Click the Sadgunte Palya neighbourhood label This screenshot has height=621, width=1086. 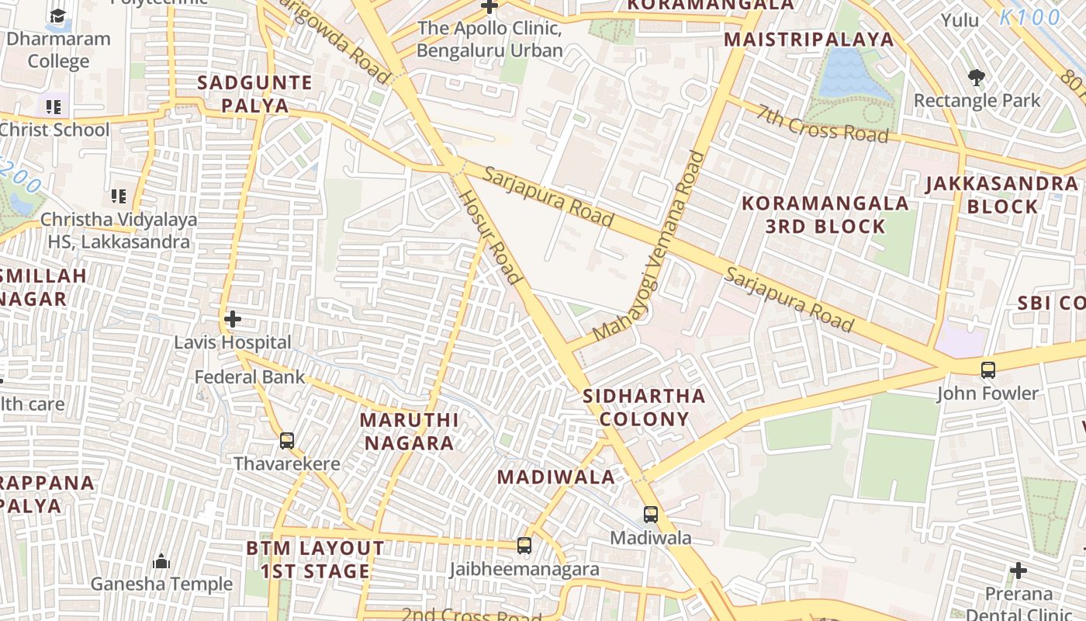(x=254, y=94)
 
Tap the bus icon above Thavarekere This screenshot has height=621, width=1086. (x=287, y=441)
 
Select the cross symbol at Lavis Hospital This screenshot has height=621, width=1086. (x=232, y=319)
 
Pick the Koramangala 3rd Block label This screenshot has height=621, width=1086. (x=825, y=215)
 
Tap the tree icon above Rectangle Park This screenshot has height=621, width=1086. (x=977, y=77)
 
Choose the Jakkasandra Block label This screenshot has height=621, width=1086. (x=1002, y=195)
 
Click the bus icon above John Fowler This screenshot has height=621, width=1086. (x=987, y=370)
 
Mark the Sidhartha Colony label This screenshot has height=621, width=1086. (x=644, y=408)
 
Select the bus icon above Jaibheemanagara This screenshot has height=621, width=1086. (x=524, y=546)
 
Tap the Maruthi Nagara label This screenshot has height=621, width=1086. (x=410, y=432)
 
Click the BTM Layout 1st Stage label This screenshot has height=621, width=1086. (x=315, y=560)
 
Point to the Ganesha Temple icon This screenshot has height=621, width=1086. (x=161, y=560)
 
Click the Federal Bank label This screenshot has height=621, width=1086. (x=250, y=377)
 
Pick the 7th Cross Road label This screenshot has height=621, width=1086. (x=823, y=125)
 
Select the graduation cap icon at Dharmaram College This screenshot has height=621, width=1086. (x=58, y=16)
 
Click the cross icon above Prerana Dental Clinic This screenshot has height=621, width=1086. (x=1019, y=571)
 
